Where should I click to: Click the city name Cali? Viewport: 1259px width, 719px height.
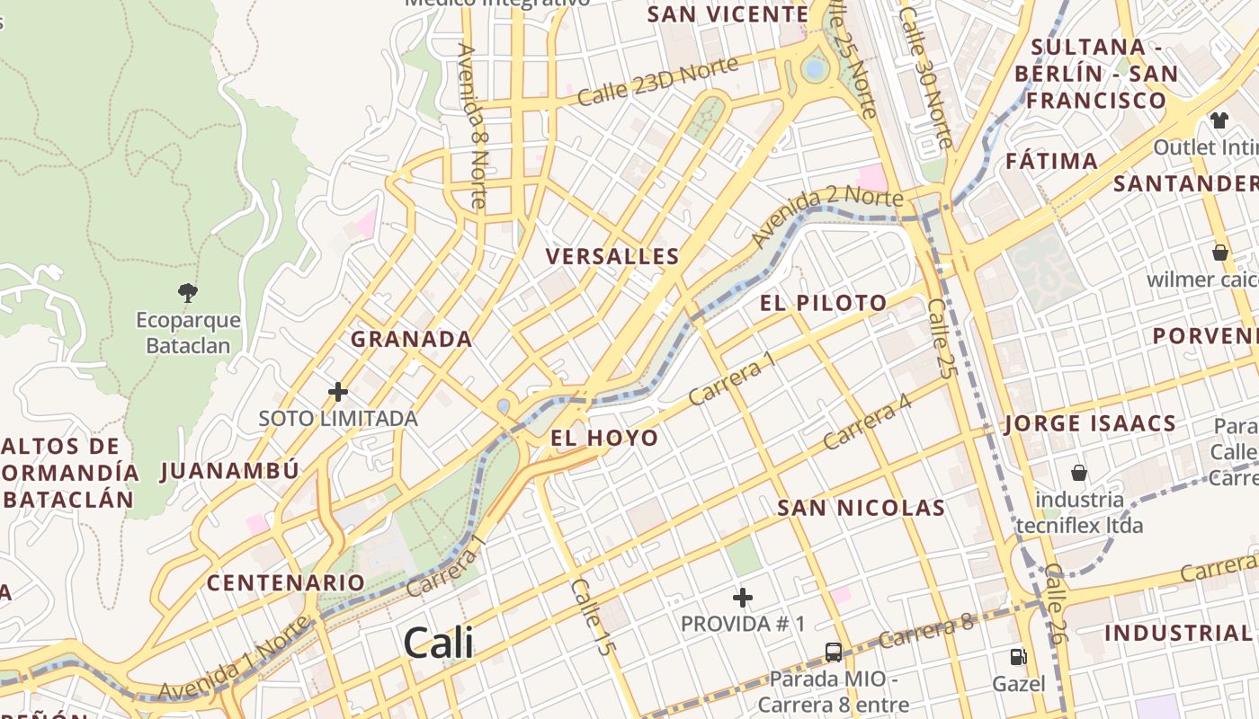coord(438,643)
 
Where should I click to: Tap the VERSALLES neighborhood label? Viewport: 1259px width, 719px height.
coord(612,257)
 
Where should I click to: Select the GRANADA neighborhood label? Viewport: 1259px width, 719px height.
coord(411,339)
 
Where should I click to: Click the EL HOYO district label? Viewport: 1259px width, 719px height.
coord(604,439)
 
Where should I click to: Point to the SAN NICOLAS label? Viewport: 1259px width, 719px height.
coord(861,508)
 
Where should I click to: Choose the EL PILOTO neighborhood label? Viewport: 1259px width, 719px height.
coord(823,303)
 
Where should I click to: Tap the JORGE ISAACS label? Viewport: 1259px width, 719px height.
coord(1090,423)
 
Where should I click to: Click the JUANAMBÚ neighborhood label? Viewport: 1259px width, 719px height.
coord(229,470)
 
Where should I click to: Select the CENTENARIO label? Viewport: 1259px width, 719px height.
coord(286,582)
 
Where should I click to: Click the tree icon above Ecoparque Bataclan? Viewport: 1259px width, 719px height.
coord(188,292)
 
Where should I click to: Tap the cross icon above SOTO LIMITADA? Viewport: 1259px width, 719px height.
coord(338,392)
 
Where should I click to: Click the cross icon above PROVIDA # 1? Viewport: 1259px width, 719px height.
coord(743,597)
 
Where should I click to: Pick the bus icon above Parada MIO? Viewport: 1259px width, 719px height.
coord(834,652)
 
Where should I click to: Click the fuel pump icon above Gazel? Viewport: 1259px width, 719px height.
coord(1018,658)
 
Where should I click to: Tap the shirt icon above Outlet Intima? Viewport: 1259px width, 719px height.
coord(1219,120)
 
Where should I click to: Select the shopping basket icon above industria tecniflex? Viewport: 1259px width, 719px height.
coord(1079,473)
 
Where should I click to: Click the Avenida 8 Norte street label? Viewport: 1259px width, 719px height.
coord(472,126)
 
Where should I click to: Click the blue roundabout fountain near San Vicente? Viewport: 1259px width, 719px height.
coord(815,68)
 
